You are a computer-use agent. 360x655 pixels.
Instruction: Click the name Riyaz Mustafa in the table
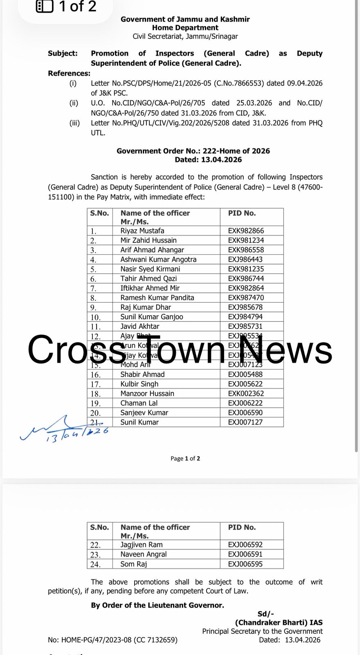pyautogui.click(x=142, y=230)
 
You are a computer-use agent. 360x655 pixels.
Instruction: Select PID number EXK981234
pyautogui.click(x=246, y=240)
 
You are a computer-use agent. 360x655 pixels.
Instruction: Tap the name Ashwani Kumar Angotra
pyautogui.click(x=158, y=259)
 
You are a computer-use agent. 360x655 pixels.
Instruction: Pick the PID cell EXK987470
pyautogui.click(x=246, y=298)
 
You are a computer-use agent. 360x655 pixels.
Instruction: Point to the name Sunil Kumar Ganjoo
pyautogui.click(x=151, y=316)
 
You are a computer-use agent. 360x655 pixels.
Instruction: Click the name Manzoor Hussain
pyautogui.click(x=147, y=393)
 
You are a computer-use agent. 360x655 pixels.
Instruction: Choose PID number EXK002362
pyautogui.click(x=246, y=393)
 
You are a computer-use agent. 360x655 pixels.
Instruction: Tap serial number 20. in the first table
pyautogui.click(x=95, y=413)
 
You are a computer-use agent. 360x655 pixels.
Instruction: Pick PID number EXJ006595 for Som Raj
pyautogui.click(x=245, y=564)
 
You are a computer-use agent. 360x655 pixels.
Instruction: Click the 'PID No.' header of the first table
pyautogui.click(x=242, y=213)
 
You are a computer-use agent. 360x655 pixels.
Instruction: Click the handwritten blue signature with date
pyautogui.click(x=65, y=430)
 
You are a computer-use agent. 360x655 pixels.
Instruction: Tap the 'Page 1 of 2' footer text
pyautogui.click(x=185, y=458)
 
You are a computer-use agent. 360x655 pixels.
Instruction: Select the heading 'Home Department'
pyautogui.click(x=185, y=28)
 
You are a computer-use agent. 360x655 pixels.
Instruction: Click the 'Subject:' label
pyautogui.click(x=63, y=53)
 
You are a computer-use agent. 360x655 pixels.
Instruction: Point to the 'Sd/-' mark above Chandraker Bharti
pyautogui.click(x=266, y=613)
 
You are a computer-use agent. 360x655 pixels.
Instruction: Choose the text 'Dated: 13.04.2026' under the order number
pyautogui.click(x=208, y=160)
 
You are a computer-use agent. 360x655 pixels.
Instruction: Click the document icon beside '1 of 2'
pyautogui.click(x=45, y=7)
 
